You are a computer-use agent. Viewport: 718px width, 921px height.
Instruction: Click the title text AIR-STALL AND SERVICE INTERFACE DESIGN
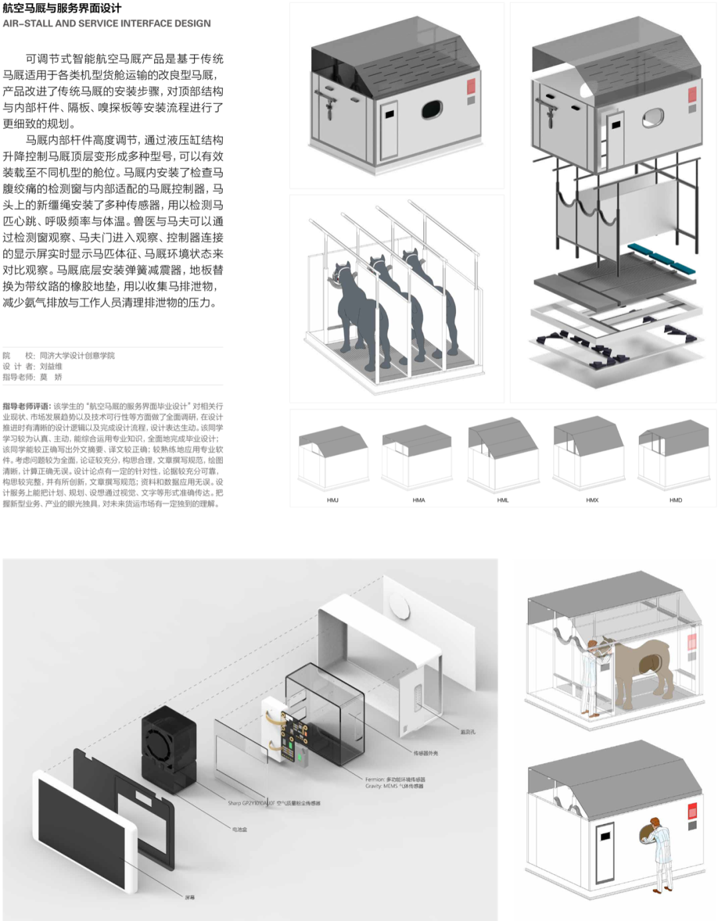(x=107, y=23)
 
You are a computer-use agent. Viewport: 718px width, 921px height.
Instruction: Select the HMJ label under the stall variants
(x=332, y=500)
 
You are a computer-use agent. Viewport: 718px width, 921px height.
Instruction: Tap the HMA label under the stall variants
(x=418, y=500)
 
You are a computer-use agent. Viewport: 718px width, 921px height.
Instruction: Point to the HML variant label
(x=503, y=500)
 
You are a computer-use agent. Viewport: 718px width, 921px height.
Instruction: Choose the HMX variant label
(x=592, y=500)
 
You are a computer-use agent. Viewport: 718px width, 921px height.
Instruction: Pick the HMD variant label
(x=675, y=500)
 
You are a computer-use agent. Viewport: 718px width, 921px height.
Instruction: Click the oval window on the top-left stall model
(x=431, y=109)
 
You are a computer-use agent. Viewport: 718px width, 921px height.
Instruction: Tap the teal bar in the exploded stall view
(x=661, y=259)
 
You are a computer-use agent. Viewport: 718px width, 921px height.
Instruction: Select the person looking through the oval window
(x=659, y=853)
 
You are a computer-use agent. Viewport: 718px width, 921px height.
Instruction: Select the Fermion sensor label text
(x=395, y=779)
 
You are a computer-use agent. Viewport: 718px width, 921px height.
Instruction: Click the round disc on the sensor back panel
(x=400, y=606)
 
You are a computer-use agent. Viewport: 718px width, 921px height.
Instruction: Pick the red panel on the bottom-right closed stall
(x=692, y=811)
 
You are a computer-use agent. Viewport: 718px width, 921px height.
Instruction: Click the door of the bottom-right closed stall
(x=604, y=853)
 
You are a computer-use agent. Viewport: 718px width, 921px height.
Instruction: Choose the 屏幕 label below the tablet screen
(x=190, y=898)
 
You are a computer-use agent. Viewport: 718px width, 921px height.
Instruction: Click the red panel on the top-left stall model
(x=471, y=87)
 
